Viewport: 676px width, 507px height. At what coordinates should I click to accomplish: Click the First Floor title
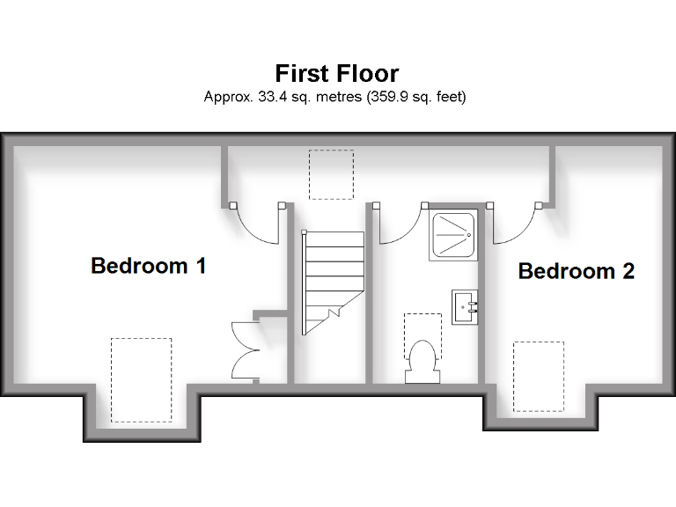pos(337,72)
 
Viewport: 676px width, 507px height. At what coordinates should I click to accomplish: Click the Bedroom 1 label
pos(149,265)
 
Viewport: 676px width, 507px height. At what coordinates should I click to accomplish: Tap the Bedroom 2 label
pos(576,271)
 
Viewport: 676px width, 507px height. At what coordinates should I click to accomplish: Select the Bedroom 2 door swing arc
pos(514,225)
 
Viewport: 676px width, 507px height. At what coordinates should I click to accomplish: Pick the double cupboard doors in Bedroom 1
pos(243,350)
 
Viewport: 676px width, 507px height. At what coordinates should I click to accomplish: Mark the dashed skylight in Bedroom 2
pos(538,377)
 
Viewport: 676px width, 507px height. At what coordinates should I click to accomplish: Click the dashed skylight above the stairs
pos(331,174)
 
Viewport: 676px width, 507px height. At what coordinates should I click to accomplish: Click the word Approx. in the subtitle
pos(227,97)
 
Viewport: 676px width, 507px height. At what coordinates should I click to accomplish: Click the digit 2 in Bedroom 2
pos(628,271)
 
